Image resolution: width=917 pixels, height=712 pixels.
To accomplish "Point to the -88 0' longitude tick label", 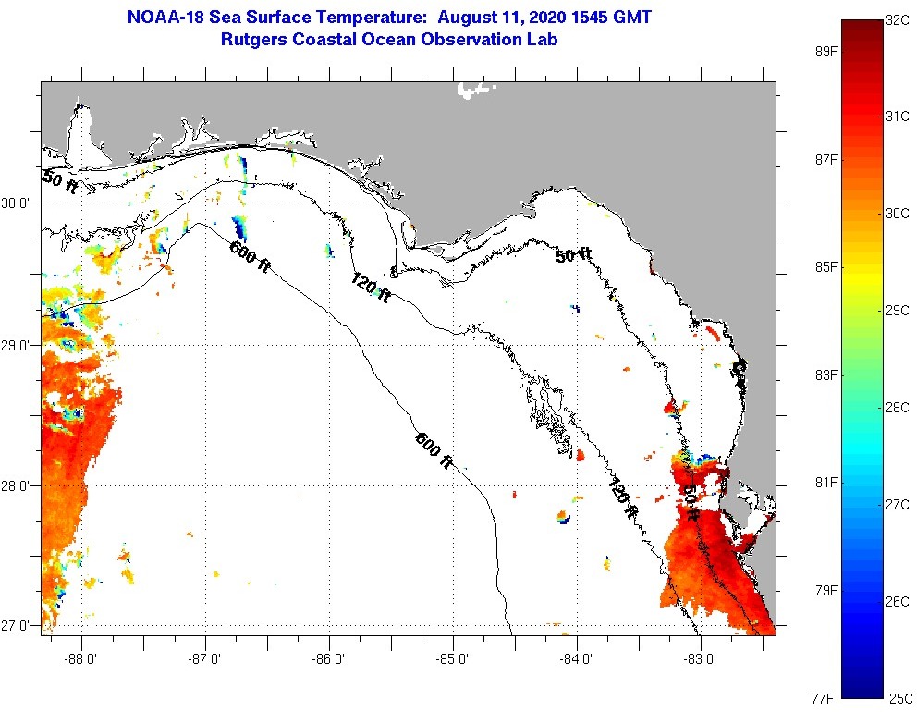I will coord(81,659).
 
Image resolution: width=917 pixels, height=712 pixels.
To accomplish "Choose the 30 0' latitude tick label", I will coord(21,203).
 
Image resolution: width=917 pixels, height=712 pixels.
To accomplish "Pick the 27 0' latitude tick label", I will coord(21,626).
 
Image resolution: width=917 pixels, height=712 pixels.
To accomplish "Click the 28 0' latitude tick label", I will coord(21,485).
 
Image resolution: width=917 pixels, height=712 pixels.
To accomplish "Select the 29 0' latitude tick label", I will coord(21,345).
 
